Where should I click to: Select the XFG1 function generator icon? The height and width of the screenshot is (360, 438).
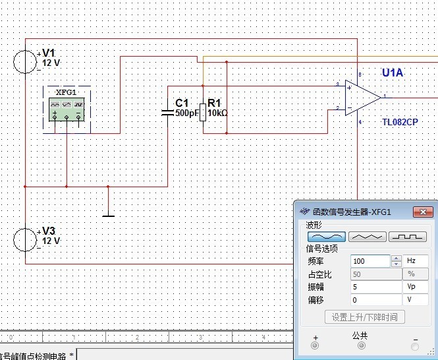[x=67, y=109]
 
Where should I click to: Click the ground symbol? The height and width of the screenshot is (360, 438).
[x=108, y=214]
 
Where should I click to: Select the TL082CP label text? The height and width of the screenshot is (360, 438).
[x=400, y=122]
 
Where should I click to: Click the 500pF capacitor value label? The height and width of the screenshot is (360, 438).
[x=187, y=113]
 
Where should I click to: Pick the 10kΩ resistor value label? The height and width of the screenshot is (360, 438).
[x=217, y=113]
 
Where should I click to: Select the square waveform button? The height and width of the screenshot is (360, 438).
[x=408, y=237]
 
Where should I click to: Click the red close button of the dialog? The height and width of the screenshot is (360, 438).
[x=421, y=212]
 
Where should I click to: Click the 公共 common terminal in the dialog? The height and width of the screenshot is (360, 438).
[x=359, y=345]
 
